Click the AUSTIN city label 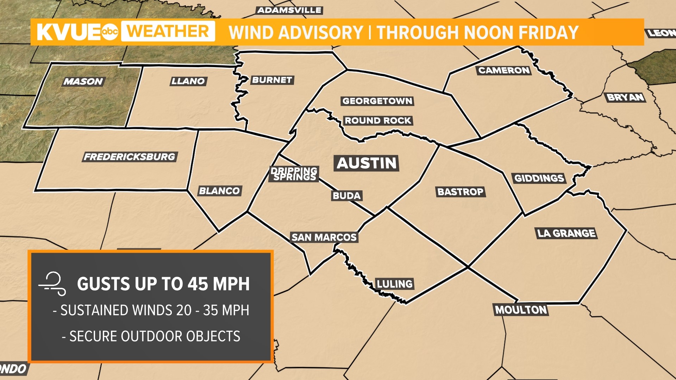(x=366, y=163)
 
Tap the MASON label (x=83, y=82)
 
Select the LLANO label (x=188, y=81)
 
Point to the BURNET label (x=272, y=80)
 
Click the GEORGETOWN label (x=377, y=101)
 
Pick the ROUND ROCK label (x=378, y=121)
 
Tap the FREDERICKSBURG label (x=130, y=157)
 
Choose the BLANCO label (x=219, y=191)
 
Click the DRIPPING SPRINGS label (x=294, y=174)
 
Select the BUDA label (x=347, y=196)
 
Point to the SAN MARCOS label (x=324, y=237)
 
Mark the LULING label (x=394, y=284)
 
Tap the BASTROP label (x=460, y=192)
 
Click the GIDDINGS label (x=539, y=178)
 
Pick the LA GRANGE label (x=566, y=233)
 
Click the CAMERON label (x=504, y=70)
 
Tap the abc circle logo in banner (x=110, y=32)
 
